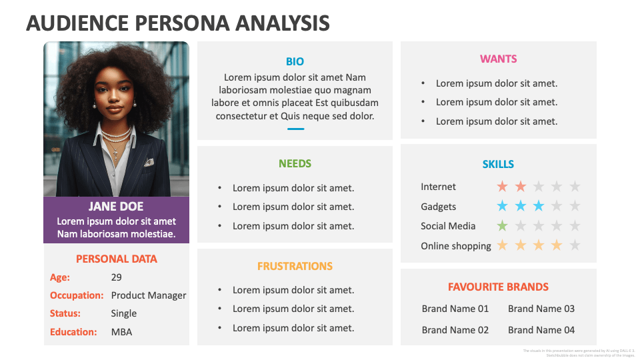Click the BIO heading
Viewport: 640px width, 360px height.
(x=295, y=61)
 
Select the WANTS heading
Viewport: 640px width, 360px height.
(x=498, y=59)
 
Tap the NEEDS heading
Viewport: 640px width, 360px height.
(x=295, y=163)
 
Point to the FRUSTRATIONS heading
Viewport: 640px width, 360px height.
(x=295, y=266)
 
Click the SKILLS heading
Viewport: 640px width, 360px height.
(x=498, y=164)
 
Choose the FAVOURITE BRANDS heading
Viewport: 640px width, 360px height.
(x=498, y=287)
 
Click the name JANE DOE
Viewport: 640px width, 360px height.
(x=116, y=207)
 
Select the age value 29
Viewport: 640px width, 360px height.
(x=117, y=277)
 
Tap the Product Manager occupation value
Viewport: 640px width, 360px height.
(x=149, y=295)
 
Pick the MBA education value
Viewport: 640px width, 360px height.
(x=121, y=331)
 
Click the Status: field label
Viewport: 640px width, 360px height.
(x=65, y=313)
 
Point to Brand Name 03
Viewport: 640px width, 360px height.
(x=541, y=309)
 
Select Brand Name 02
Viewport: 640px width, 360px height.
(x=455, y=330)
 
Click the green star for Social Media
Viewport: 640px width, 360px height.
(x=502, y=226)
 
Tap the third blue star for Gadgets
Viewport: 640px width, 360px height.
(x=539, y=206)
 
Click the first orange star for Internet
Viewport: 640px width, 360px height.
(x=502, y=187)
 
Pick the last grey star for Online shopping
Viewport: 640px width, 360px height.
(x=575, y=245)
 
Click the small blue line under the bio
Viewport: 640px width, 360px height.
(x=295, y=129)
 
